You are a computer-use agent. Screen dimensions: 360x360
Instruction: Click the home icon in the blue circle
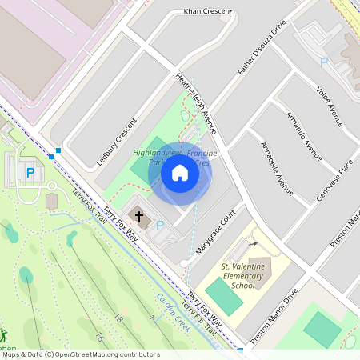pos(180,172)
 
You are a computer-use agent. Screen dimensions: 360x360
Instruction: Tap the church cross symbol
pos(140,215)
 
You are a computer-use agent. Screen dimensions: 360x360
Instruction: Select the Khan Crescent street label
pos(207,12)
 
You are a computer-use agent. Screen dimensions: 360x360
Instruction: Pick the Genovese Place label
pos(334,177)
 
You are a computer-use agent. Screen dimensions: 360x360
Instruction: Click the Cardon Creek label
pos(171,312)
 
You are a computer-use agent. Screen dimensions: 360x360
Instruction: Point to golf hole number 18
pos(118,319)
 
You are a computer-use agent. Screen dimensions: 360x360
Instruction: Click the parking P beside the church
pos(159,226)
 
